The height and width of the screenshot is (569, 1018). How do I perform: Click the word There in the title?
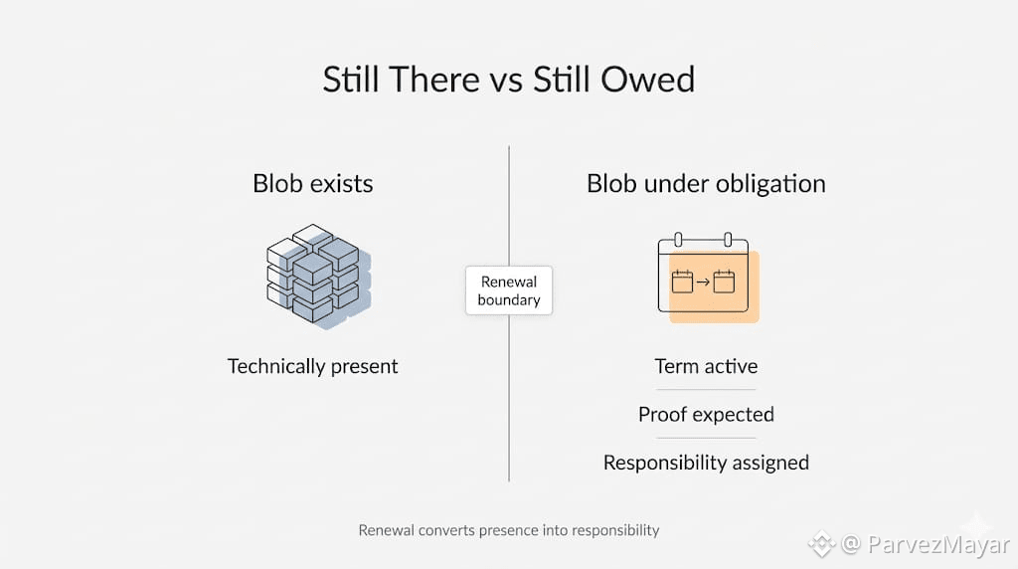click(434, 80)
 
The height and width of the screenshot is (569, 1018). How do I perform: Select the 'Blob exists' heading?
click(313, 184)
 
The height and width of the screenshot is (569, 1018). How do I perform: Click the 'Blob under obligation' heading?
click(706, 184)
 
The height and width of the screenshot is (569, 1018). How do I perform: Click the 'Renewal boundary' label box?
click(509, 290)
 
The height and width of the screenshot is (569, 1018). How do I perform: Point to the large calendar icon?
click(708, 278)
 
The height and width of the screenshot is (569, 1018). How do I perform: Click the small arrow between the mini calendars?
click(703, 283)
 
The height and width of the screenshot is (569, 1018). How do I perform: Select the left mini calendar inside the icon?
click(682, 282)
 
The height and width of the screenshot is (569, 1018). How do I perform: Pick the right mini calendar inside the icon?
click(724, 282)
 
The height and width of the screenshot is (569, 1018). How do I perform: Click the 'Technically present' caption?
click(312, 367)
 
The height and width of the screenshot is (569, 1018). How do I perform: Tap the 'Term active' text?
click(706, 366)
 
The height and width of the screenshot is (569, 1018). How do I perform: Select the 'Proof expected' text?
click(706, 415)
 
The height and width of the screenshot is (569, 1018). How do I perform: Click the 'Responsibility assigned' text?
click(706, 464)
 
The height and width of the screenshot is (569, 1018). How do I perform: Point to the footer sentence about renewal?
click(509, 530)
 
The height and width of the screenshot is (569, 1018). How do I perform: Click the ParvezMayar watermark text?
click(938, 544)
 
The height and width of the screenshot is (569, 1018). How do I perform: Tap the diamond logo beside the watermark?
click(822, 544)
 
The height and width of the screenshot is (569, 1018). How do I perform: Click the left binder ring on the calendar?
click(678, 240)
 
